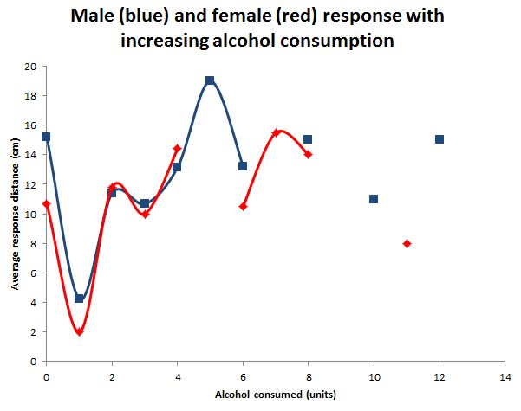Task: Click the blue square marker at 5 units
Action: (210, 80)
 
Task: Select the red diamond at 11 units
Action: (407, 243)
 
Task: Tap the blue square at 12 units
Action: (440, 139)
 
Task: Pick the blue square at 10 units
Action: (374, 199)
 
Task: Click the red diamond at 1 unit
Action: (79, 331)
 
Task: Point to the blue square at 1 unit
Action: (79, 299)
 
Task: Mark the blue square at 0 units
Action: (46, 137)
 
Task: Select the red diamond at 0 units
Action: (46, 203)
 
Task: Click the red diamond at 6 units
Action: (244, 206)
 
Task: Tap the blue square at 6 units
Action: (243, 166)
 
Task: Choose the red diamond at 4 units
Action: (177, 149)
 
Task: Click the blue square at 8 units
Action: (308, 139)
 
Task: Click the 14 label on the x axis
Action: (505, 378)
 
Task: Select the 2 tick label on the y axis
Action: (33, 332)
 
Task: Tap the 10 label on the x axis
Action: (374, 378)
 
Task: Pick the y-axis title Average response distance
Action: (15, 214)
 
